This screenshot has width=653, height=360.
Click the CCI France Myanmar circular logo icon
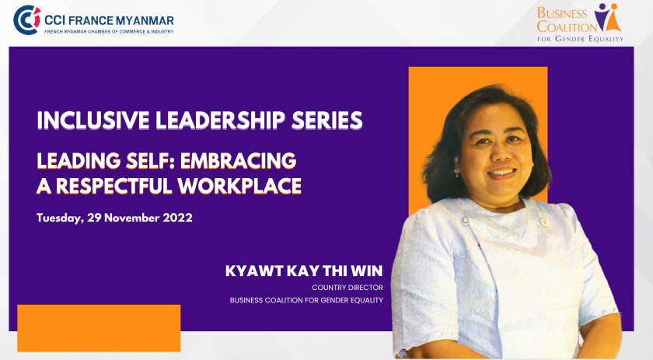(27, 20)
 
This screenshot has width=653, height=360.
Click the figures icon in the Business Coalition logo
(608, 18)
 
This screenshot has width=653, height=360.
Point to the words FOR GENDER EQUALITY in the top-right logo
(580, 39)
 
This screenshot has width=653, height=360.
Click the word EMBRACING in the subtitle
(238, 161)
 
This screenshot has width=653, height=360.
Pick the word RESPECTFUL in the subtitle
(114, 186)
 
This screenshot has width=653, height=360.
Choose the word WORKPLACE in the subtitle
(239, 186)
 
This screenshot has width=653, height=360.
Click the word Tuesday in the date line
(60, 218)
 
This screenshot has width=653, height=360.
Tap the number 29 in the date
(94, 218)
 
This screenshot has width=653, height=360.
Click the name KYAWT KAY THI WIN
(304, 271)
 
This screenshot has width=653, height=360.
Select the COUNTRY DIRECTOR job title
(347, 288)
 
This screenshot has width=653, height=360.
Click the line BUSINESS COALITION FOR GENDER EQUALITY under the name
(306, 300)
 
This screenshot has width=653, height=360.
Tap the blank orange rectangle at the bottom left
(100, 328)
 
